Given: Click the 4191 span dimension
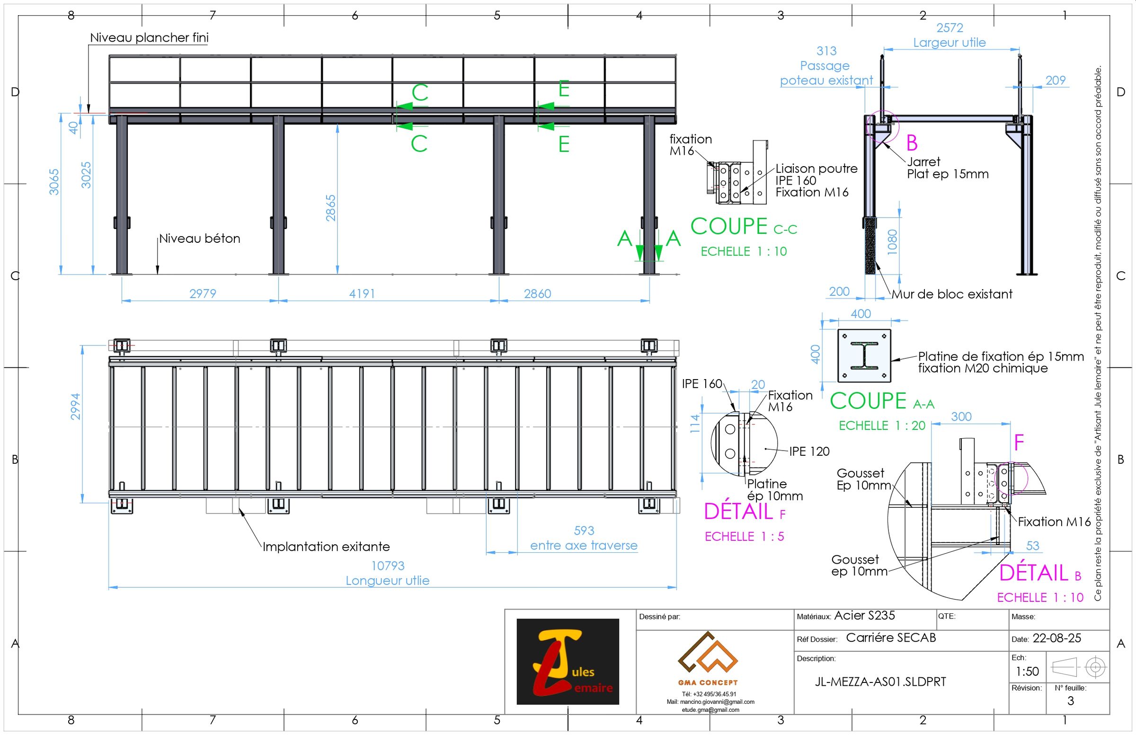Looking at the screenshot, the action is point(362,293).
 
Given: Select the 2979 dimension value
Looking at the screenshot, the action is point(203,293).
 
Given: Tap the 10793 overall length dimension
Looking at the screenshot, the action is point(388,566).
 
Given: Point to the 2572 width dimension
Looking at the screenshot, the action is point(950,27).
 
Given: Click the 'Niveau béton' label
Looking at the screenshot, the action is point(200,238).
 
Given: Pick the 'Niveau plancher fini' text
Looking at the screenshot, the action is point(149,37).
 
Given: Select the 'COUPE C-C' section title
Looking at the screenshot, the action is point(743,227).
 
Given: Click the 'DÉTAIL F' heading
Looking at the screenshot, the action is point(744,512).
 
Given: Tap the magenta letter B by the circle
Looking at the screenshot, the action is point(912,143).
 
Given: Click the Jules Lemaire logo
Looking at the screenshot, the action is point(568,662).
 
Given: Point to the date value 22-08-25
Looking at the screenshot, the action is point(1057,638).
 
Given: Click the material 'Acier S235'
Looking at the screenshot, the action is point(864,616).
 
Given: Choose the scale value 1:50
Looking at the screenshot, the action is point(1027,672).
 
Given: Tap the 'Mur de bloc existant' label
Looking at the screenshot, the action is point(952,294).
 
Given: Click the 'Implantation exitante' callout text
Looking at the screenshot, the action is point(326,547).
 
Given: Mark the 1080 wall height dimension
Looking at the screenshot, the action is point(892,242).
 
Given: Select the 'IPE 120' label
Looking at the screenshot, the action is point(809,451).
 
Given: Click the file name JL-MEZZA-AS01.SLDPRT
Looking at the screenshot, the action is point(880,682).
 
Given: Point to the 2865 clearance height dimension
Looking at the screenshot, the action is point(331,208).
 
